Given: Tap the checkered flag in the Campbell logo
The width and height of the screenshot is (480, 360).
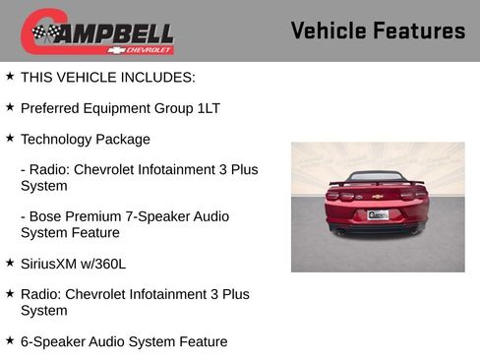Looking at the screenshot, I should tap(44, 32).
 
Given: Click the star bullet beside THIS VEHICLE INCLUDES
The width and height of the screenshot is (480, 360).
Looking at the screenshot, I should tap(10, 75).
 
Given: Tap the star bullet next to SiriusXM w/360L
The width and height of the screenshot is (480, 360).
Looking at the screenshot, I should tap(10, 263).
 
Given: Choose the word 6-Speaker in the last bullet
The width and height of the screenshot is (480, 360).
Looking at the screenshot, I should tap(55, 341).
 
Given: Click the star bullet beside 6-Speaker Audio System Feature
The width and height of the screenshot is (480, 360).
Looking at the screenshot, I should tap(10, 340).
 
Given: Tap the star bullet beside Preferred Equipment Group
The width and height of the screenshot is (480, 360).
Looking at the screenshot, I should tap(10, 106).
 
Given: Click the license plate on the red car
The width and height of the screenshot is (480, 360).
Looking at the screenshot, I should tap(378, 214).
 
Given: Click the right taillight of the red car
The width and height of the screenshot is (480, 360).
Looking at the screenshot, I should tap(416, 195).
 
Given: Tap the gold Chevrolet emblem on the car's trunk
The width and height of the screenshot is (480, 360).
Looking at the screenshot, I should tap(377, 197).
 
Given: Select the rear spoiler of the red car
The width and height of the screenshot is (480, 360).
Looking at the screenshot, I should tap(377, 182).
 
